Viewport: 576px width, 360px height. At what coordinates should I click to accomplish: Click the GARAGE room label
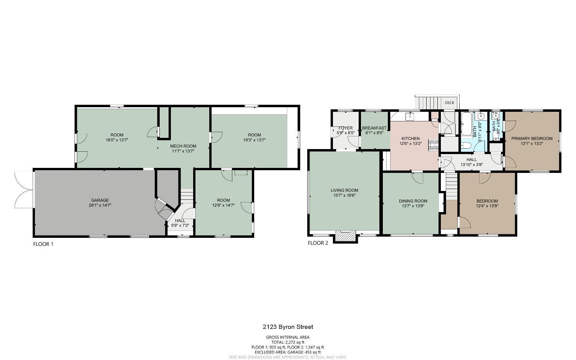(100, 200)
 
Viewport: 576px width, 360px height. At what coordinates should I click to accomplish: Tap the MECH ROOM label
(183, 146)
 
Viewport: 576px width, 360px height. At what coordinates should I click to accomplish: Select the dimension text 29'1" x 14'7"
(100, 206)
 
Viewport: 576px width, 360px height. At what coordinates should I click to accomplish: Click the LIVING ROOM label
(344, 190)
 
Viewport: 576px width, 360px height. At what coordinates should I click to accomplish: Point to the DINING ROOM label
(413, 201)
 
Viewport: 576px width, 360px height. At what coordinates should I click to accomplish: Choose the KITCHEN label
(410, 138)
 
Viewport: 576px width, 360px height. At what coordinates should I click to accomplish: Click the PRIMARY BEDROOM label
(531, 138)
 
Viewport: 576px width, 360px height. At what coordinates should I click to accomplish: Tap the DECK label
(449, 103)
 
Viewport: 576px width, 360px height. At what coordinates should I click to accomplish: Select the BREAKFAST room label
(374, 128)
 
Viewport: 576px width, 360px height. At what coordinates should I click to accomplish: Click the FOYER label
(345, 128)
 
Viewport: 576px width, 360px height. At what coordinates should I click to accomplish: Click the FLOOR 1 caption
(43, 244)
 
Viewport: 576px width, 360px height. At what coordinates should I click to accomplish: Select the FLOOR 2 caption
(318, 243)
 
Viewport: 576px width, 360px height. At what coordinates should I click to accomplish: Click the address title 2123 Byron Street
(288, 327)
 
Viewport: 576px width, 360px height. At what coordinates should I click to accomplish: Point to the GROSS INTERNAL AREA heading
(288, 337)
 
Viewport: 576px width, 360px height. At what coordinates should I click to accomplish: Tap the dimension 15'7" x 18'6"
(344, 196)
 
